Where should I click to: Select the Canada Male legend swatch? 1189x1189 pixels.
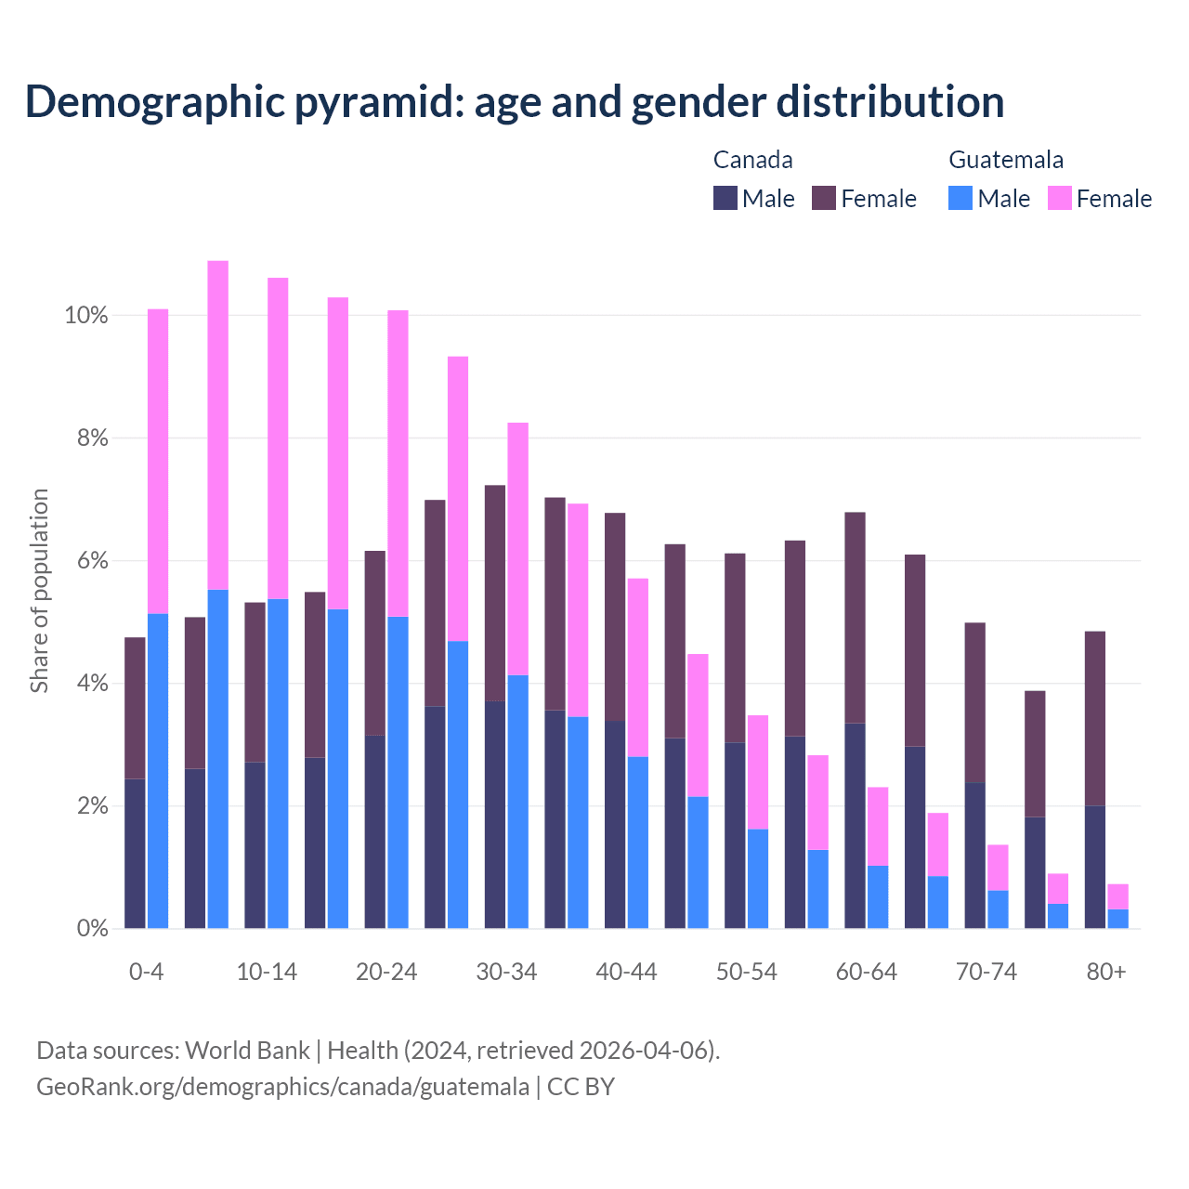[725, 198]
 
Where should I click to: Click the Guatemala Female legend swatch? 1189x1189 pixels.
[1059, 198]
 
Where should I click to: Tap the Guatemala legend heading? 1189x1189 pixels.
[1005, 160]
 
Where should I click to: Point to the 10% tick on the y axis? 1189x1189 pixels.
[86, 316]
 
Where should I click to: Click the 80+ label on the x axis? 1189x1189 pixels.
[1105, 973]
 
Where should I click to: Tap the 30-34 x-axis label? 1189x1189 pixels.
[506, 973]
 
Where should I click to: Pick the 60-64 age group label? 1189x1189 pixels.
[866, 973]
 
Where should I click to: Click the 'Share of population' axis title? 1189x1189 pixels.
[39, 591]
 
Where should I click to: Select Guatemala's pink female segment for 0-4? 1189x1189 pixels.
[158, 461]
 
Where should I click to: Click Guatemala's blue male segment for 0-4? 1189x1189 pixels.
[158, 771]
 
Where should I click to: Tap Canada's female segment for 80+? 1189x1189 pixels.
[1095, 718]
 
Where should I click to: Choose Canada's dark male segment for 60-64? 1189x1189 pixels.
[855, 825]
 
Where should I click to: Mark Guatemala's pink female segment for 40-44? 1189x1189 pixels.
[638, 667]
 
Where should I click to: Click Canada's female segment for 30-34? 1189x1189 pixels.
[495, 593]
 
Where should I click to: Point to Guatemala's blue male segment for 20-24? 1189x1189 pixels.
[398, 772]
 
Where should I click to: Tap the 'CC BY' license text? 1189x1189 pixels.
[581, 1087]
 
